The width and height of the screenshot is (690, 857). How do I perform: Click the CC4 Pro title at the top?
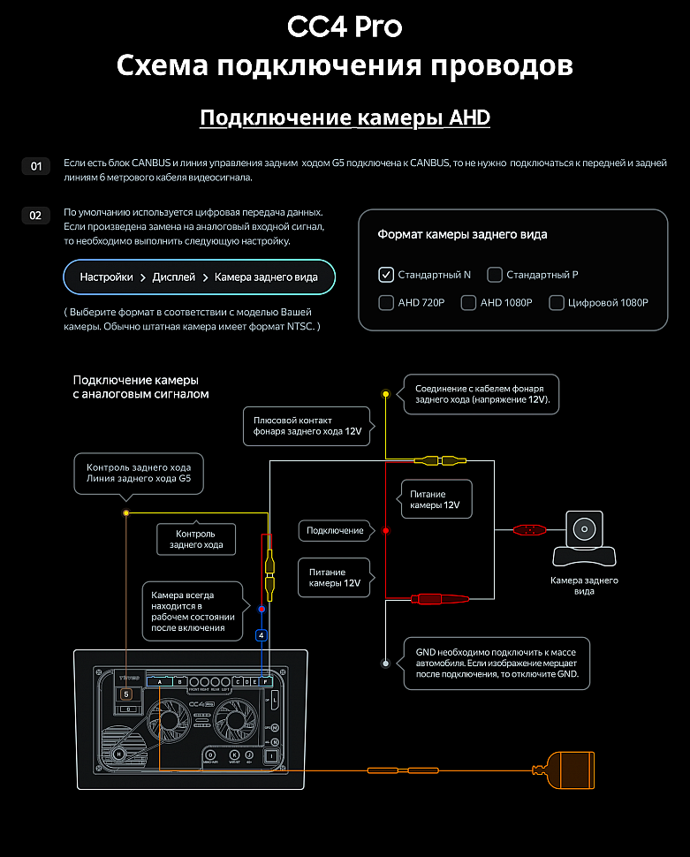pyautogui.click(x=345, y=27)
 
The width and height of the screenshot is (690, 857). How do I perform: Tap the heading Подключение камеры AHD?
pyautogui.click(x=345, y=118)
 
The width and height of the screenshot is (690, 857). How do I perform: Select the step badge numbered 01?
pyautogui.click(x=36, y=166)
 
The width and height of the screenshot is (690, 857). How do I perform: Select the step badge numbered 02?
pyautogui.click(x=36, y=216)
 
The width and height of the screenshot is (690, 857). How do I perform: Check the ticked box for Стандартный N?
pyautogui.click(x=385, y=275)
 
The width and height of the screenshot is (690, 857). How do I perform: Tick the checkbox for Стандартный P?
pyautogui.click(x=495, y=275)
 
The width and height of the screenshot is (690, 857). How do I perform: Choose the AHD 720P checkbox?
pyautogui.click(x=385, y=303)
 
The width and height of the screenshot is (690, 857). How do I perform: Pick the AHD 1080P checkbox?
pyautogui.click(x=468, y=303)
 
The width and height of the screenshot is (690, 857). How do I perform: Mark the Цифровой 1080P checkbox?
pyautogui.click(x=557, y=303)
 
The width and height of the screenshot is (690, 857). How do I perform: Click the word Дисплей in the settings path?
pyautogui.click(x=173, y=277)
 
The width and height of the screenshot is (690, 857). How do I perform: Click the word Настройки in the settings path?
pyautogui.click(x=106, y=277)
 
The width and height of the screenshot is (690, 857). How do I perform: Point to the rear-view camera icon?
pyautogui.click(x=584, y=539)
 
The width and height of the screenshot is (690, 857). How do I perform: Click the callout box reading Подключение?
pyautogui.click(x=335, y=531)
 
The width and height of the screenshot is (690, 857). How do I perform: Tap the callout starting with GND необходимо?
pyautogui.click(x=496, y=664)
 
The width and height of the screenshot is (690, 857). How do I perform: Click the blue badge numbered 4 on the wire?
pyautogui.click(x=261, y=634)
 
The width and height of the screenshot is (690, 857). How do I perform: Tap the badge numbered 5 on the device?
pyautogui.click(x=126, y=694)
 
